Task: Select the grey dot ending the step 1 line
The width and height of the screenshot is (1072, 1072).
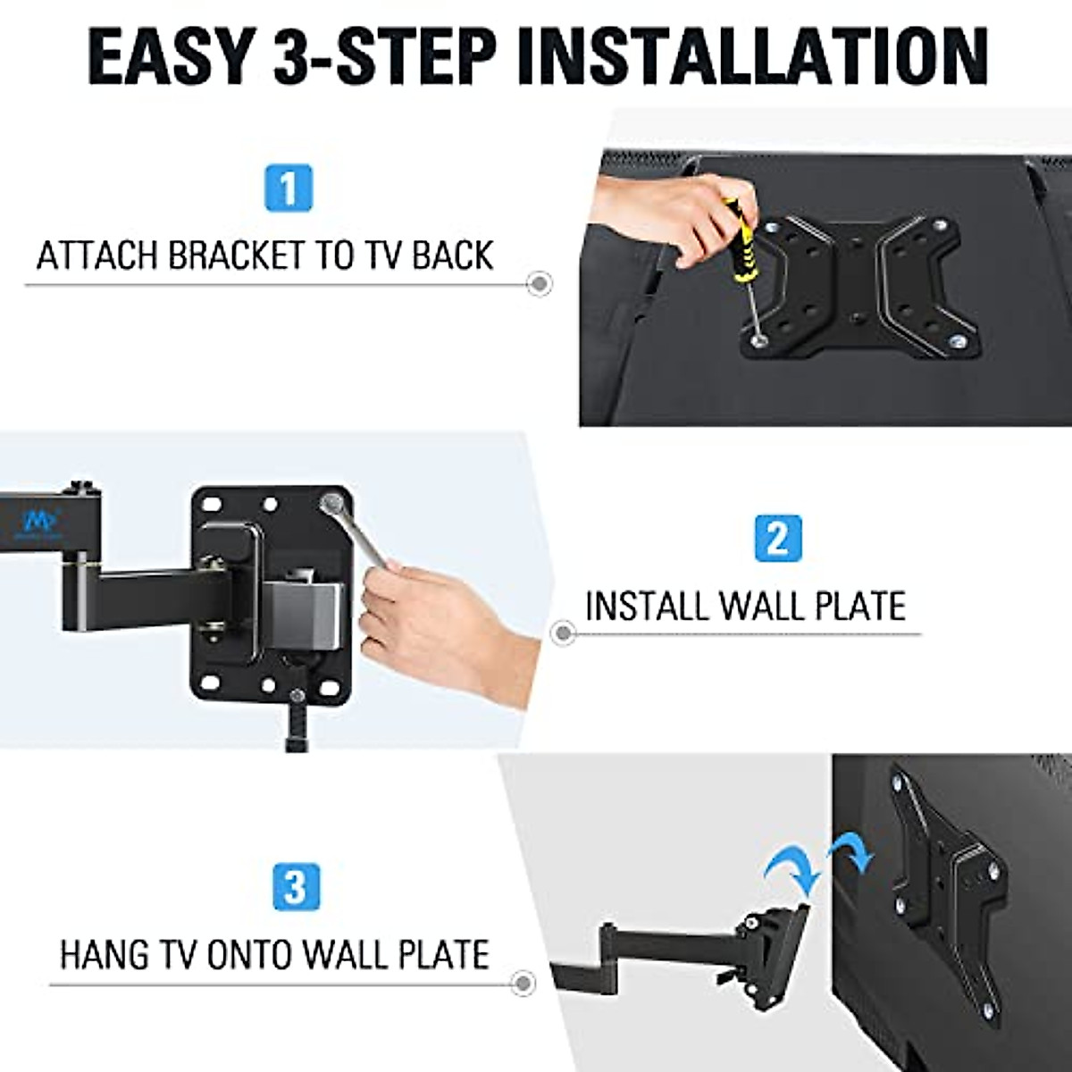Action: (539, 284)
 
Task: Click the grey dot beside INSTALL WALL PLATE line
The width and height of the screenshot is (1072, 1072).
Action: (562, 633)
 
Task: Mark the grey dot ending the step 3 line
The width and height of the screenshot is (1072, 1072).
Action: (522, 984)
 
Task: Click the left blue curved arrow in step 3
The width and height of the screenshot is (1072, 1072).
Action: (790, 867)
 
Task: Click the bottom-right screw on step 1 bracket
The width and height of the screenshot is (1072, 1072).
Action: (959, 340)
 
